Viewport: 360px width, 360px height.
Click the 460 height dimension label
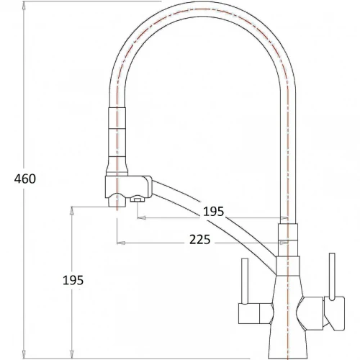25,179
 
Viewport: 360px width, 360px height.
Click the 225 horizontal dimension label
200,240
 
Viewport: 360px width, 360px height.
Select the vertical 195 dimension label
73,280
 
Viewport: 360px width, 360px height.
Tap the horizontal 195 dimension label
213,212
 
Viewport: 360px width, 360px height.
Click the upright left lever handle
244,282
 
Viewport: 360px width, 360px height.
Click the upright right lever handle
332,276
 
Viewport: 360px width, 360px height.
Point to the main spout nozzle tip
117,201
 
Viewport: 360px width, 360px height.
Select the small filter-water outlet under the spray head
138,199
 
